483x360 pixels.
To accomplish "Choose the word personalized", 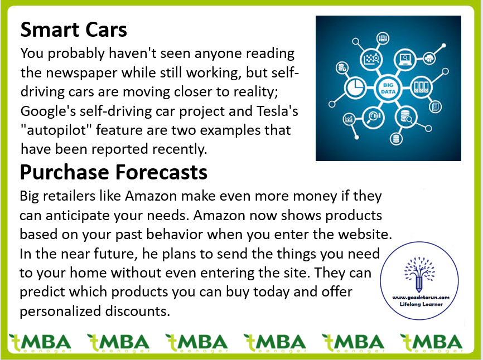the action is pyautogui.click(x=60, y=312).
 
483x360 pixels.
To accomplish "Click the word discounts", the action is pyautogui.click(x=138, y=311).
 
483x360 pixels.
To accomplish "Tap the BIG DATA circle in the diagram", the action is pyautogui.click(x=388, y=88).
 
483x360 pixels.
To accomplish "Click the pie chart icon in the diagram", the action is pyautogui.click(x=355, y=87).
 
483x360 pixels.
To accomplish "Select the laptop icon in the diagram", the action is pyautogui.click(x=405, y=59).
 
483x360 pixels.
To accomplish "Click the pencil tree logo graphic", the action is pyautogui.click(x=419, y=274).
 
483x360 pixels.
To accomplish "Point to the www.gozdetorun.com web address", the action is pyautogui.click(x=421, y=298).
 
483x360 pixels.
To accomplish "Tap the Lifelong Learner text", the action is pyautogui.click(x=421, y=304).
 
